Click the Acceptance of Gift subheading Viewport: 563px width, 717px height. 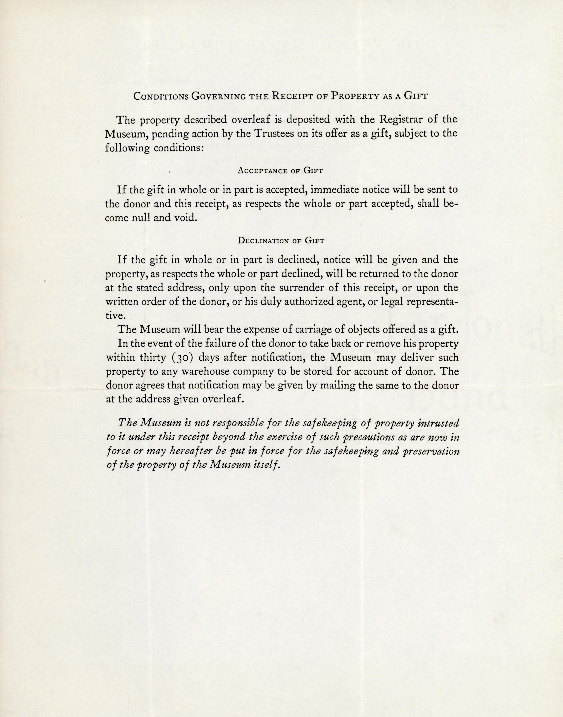(280, 171)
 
